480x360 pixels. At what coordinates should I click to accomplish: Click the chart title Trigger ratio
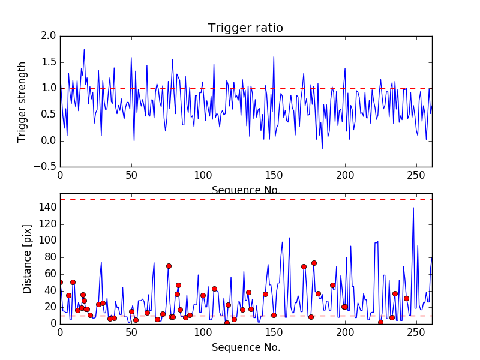(245, 28)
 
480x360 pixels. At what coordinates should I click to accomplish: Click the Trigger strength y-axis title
(22, 102)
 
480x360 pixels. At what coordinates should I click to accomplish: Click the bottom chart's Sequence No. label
(245, 347)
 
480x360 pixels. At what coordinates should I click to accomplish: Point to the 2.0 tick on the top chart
(50, 36)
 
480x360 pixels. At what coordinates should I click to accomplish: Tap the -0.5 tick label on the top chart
(47, 167)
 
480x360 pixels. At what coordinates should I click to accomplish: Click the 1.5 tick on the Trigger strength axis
(50, 62)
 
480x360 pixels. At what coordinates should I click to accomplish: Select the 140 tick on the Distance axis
(48, 208)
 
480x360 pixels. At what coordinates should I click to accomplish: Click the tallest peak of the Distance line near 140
(413, 208)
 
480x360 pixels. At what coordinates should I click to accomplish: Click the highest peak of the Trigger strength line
(84, 49)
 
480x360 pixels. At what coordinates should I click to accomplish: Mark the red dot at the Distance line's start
(60, 282)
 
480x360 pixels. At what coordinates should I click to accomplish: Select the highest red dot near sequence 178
(314, 263)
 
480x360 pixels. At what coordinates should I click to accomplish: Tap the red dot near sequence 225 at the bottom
(380, 322)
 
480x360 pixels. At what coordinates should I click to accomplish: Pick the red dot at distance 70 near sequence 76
(169, 266)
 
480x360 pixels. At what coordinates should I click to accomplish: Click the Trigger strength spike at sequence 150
(274, 57)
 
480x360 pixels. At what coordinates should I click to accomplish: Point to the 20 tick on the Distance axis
(50, 307)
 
